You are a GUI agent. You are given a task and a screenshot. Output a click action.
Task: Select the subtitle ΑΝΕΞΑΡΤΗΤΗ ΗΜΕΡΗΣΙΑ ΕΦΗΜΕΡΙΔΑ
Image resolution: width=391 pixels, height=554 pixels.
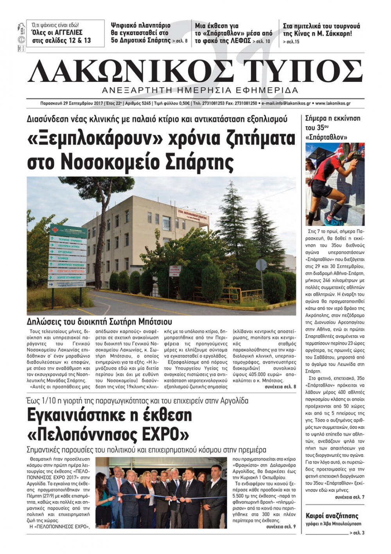click(x=199, y=90)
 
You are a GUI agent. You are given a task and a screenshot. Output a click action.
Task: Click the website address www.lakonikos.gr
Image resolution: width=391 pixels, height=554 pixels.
click(x=333, y=103)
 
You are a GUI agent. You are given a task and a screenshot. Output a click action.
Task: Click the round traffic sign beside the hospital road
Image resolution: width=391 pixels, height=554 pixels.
click(x=261, y=265)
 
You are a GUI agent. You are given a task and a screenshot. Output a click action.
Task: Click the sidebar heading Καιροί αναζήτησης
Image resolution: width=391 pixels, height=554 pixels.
click(x=332, y=516)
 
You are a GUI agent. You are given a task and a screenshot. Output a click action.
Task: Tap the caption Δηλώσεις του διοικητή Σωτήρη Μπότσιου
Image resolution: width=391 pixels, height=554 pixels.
click(x=99, y=322)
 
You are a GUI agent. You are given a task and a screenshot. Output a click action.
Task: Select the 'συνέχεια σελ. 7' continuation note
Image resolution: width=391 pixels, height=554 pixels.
click(x=349, y=497)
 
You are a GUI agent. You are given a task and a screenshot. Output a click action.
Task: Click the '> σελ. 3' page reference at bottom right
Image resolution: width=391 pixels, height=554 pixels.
click(x=357, y=533)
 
